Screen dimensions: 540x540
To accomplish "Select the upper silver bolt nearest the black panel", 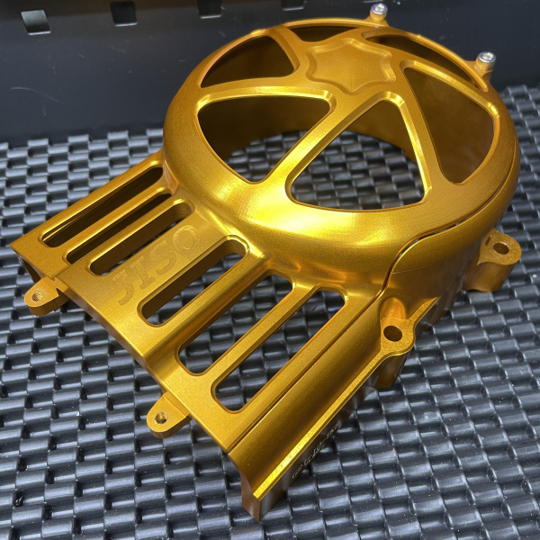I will tap(379, 12).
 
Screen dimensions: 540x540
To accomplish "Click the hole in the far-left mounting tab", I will tap(38, 294).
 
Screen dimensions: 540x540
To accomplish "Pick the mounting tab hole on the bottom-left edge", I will tap(160, 417).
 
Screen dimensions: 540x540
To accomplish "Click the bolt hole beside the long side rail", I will tap(392, 333).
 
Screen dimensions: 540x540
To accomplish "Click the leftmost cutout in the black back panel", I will tap(36, 20).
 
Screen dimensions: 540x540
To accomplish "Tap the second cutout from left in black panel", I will tap(123, 11).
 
